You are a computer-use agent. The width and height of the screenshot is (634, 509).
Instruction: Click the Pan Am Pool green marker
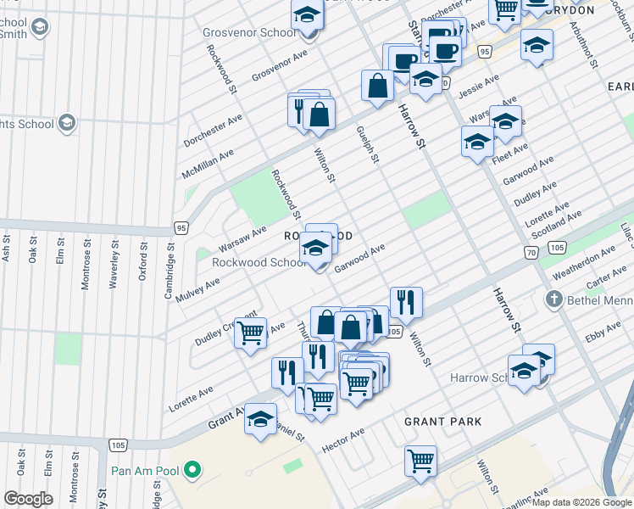click(x=192, y=468)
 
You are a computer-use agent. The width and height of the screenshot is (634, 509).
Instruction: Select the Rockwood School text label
click(x=259, y=262)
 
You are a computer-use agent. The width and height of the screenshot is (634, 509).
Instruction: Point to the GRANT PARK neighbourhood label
click(x=442, y=422)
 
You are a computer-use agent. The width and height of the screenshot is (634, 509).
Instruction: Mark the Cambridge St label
click(x=170, y=247)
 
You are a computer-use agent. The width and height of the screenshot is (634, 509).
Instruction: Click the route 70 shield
click(x=531, y=252)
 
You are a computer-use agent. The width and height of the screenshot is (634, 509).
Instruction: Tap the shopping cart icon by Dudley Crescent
click(x=250, y=333)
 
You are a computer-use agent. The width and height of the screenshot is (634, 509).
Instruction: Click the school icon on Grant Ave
click(x=261, y=418)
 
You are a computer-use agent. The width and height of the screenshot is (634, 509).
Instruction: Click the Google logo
click(x=28, y=499)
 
